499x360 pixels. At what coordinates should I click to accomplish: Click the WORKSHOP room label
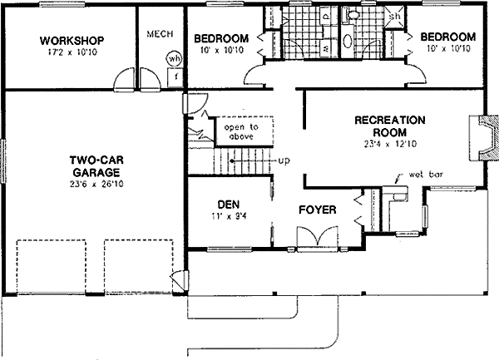(x=71, y=40)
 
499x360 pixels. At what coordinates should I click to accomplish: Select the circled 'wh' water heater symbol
(x=174, y=59)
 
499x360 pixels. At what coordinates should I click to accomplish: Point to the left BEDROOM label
(x=221, y=38)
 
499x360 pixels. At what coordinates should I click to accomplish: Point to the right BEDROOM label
(x=447, y=37)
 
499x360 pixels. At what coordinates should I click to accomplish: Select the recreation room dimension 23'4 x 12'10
(x=389, y=143)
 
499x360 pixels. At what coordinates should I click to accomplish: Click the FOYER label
(x=317, y=210)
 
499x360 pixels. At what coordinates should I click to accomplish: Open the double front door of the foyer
(x=315, y=239)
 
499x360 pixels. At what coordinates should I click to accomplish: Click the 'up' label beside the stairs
(x=284, y=160)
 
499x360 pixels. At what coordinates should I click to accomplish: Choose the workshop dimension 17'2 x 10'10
(x=71, y=54)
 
